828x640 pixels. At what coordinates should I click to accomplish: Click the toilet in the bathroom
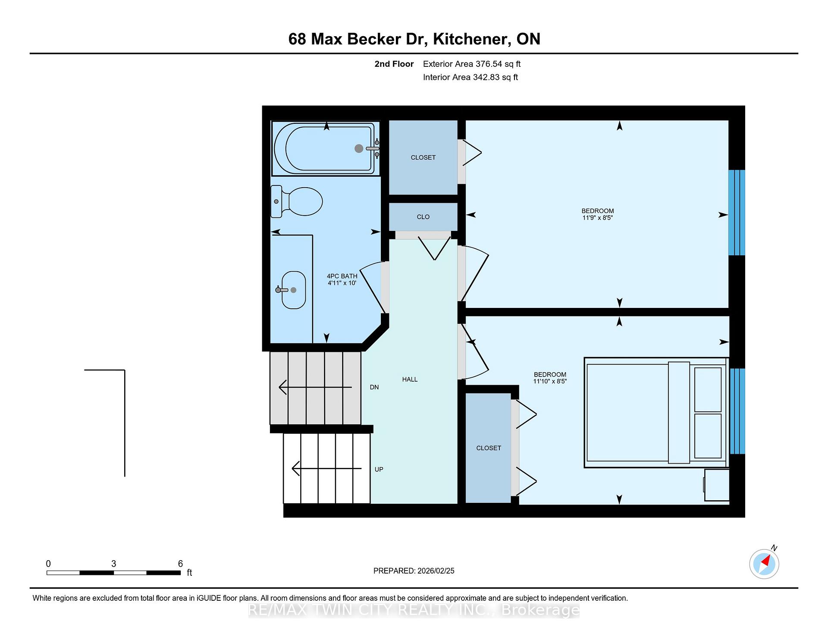point(297,201)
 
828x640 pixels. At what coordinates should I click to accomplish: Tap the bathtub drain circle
point(359,148)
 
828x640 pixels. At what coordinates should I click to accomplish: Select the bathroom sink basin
point(293,290)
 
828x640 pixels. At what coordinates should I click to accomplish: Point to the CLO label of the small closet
point(423,217)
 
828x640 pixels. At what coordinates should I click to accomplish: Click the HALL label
point(410,380)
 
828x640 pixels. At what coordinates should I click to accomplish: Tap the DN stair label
point(374,387)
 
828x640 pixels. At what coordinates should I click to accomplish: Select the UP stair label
point(379,469)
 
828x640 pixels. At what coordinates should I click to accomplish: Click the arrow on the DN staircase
point(315,387)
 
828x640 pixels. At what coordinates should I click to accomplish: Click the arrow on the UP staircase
point(327,468)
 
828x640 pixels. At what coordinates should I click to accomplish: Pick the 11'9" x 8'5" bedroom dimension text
point(598,218)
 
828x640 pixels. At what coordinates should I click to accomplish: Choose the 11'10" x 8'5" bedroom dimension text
point(550,381)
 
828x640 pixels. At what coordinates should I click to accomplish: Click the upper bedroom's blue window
point(737,213)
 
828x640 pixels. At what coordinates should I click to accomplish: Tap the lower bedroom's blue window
point(737,411)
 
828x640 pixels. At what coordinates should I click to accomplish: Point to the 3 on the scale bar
point(113,564)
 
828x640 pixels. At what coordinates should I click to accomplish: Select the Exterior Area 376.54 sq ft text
point(472,64)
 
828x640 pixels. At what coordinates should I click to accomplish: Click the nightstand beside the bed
point(717,485)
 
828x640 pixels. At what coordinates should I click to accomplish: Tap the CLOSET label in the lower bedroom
point(489,448)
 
